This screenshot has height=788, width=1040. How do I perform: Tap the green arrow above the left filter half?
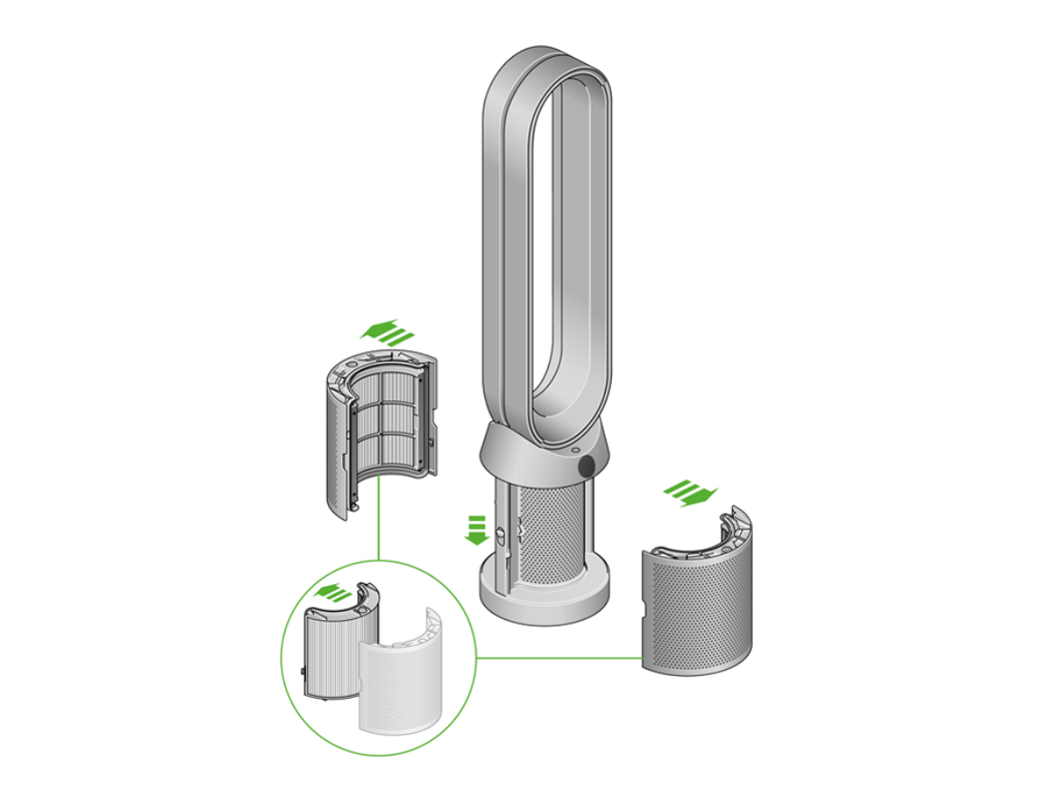point(387,331)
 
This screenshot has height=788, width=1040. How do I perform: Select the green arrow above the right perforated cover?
point(691,492)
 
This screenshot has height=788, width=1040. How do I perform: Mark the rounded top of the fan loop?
point(547,69)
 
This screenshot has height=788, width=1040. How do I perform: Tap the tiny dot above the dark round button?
point(575,448)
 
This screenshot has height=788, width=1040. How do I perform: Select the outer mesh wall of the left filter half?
point(335,442)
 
